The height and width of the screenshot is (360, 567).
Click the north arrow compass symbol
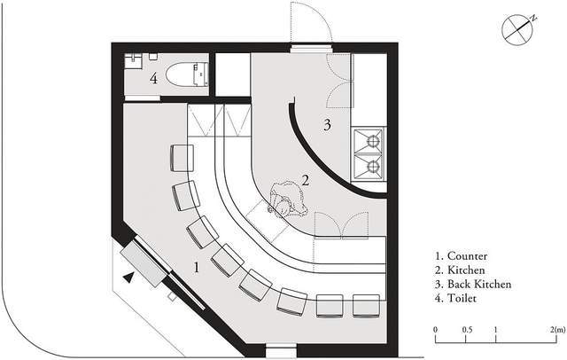click(517, 29)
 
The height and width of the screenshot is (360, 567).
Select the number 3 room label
click(327, 125)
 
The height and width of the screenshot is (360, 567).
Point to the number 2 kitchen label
click(306, 180)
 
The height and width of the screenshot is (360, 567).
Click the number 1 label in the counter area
click(197, 268)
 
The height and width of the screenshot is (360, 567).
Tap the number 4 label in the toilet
click(154, 78)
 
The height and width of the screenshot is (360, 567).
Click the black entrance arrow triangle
click(128, 278)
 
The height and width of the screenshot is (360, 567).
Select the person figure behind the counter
click(288, 200)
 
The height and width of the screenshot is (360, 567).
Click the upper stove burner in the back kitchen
click(373, 140)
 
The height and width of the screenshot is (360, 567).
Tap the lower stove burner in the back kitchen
click(373, 167)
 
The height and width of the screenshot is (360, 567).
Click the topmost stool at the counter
click(183, 158)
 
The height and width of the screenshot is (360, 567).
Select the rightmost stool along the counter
click(366, 306)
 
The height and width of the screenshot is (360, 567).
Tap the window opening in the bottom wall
click(281, 351)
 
